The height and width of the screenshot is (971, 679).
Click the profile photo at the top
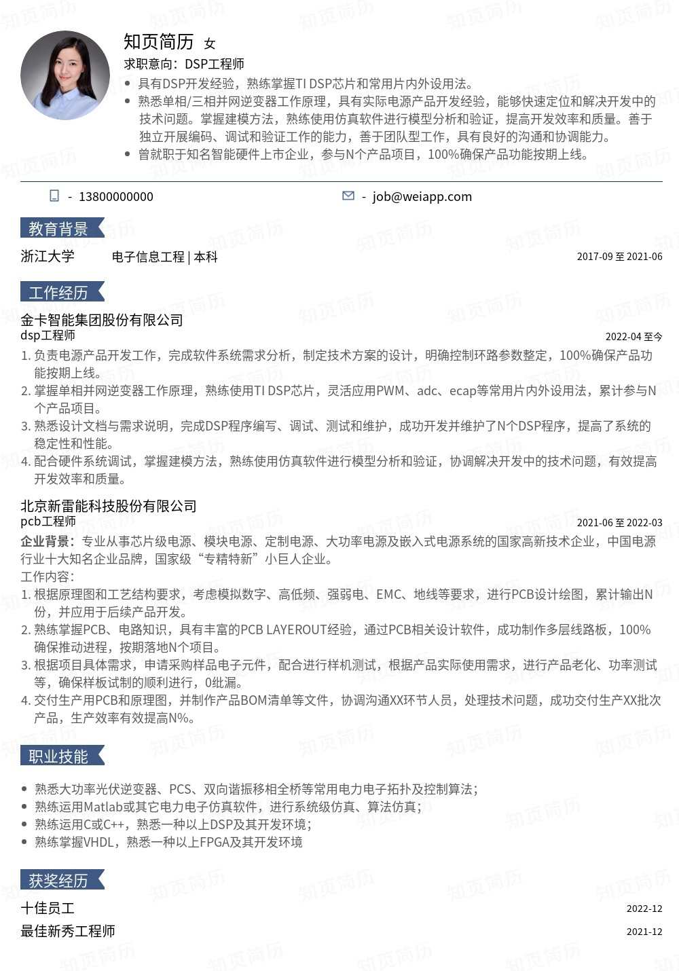point(65,75)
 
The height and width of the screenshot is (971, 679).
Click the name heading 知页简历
point(159,42)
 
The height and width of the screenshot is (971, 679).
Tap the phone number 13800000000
point(116,197)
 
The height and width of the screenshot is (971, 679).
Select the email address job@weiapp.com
point(422,197)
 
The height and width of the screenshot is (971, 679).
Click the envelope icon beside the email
point(348,196)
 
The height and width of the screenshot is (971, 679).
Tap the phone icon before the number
point(54,196)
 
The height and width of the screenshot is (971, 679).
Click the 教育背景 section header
point(59,229)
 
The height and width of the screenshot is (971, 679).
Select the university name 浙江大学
point(48,256)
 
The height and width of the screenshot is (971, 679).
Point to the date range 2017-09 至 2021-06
point(619,257)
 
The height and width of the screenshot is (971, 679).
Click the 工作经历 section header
point(59,293)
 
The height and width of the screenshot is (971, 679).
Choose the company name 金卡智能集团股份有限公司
point(102,320)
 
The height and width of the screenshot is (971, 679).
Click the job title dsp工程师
point(48,335)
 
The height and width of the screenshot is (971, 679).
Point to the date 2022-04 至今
point(634,337)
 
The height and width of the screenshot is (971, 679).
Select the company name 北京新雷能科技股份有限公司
point(109,506)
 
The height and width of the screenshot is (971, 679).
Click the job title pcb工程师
point(48,521)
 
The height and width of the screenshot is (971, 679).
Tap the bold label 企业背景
point(45,542)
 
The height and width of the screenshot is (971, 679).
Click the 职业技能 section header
point(59,756)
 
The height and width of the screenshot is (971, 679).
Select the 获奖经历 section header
point(59,881)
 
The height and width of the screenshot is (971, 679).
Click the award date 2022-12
point(644,909)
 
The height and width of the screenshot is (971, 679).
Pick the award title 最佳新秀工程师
point(68,931)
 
